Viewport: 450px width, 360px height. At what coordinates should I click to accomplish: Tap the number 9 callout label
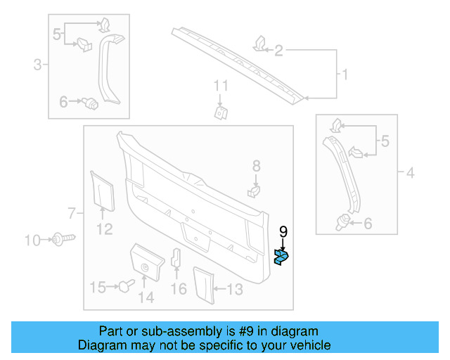[x=283, y=231]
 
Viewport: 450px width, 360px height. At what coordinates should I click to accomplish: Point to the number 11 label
[x=221, y=86]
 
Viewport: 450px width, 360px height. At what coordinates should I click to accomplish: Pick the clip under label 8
[x=255, y=190]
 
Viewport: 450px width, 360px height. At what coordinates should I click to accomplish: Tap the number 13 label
[x=234, y=288]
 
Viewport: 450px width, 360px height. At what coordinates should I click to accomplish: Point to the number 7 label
[x=70, y=212]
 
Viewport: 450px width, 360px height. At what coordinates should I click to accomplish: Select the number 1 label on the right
[x=345, y=74]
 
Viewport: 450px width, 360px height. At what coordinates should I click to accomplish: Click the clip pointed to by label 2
[x=258, y=45]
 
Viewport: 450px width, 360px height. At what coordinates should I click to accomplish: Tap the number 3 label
[x=37, y=66]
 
